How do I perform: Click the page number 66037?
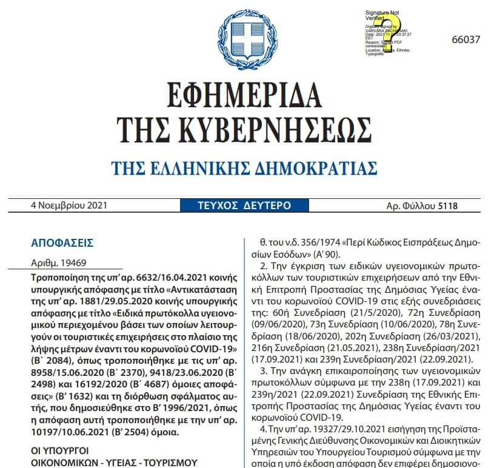[x=466, y=39]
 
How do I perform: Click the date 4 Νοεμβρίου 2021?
[x=69, y=205]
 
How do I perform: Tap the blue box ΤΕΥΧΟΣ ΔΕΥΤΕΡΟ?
[x=244, y=206]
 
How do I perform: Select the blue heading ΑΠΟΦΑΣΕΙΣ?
[x=62, y=243]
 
